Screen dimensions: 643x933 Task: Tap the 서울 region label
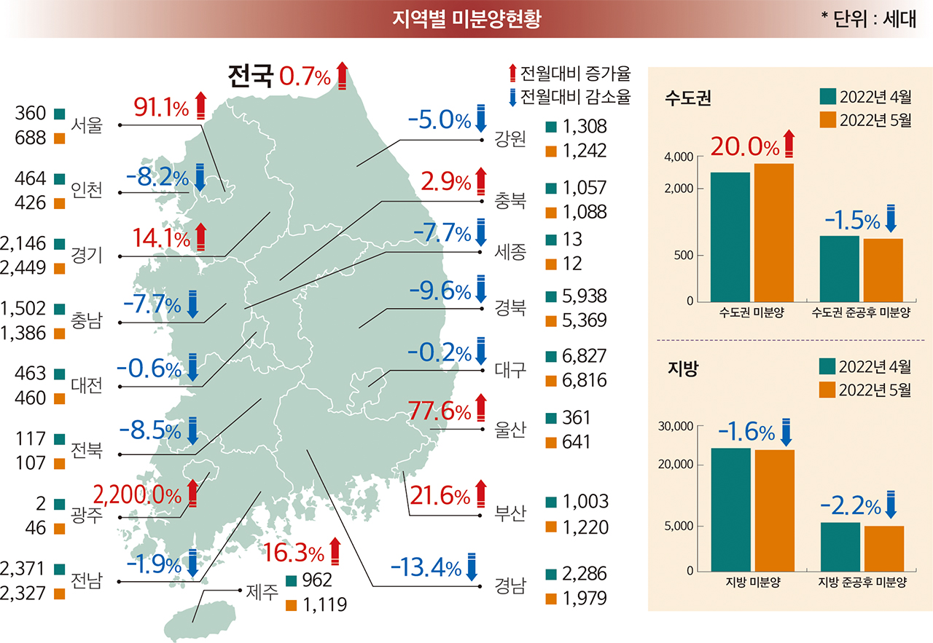point(87,125)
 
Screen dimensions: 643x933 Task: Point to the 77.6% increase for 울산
point(439,412)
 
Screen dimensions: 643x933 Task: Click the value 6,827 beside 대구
point(585,357)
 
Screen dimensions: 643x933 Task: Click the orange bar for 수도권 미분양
point(773,232)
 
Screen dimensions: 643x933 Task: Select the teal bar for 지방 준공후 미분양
point(840,547)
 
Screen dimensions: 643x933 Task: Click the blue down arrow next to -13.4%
point(473,567)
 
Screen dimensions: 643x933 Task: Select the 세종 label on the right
point(510,253)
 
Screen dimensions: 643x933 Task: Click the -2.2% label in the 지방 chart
point(851,505)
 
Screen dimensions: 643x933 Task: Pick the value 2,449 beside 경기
point(24,268)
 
